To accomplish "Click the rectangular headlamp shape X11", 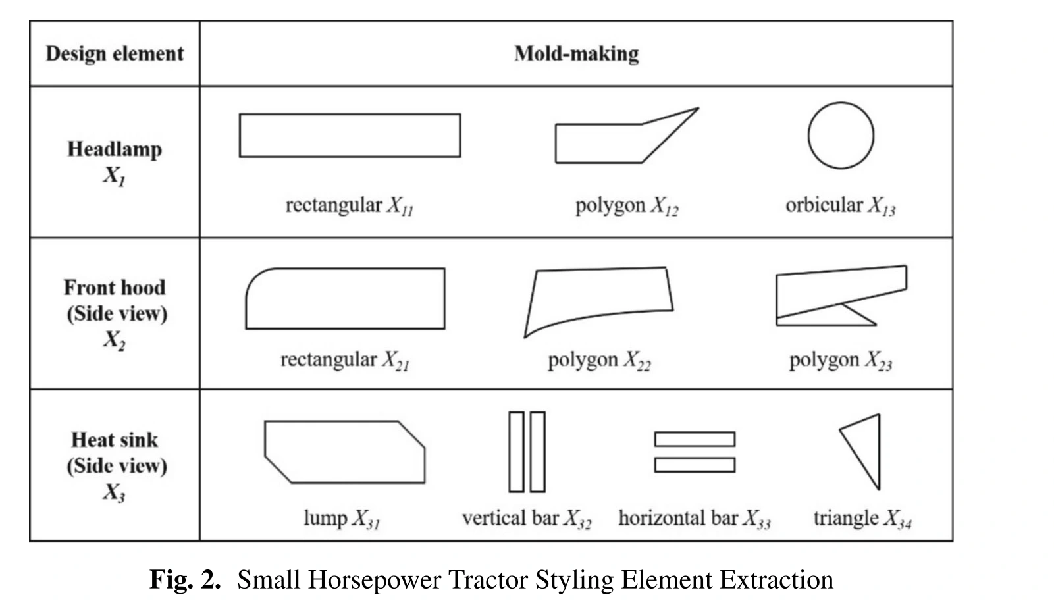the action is point(350,114).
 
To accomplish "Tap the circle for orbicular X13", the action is point(808,136).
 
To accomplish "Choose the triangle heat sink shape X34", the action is point(879,452).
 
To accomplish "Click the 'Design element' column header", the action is point(115,53).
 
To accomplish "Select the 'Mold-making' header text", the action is point(577,53).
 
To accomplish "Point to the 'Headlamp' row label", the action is point(115,149).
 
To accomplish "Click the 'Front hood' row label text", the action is point(115,288).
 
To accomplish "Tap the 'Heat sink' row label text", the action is point(115,440).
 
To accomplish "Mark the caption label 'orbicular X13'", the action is point(841,206).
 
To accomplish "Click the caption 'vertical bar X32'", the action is point(527,519).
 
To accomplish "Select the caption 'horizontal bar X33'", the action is point(695,519).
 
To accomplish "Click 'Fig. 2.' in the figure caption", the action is point(186,579).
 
